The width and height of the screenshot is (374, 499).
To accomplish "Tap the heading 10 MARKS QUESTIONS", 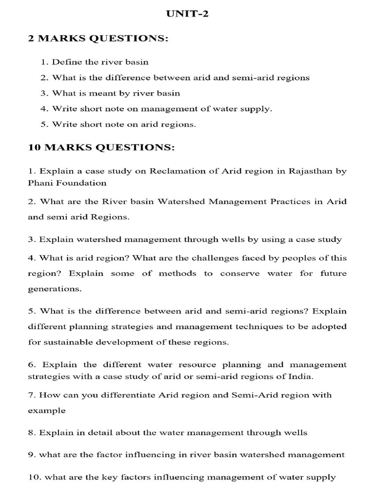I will (102, 147).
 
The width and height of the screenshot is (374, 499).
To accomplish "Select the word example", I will (46, 410).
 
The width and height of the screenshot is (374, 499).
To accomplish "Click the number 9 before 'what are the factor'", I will (30, 455).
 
